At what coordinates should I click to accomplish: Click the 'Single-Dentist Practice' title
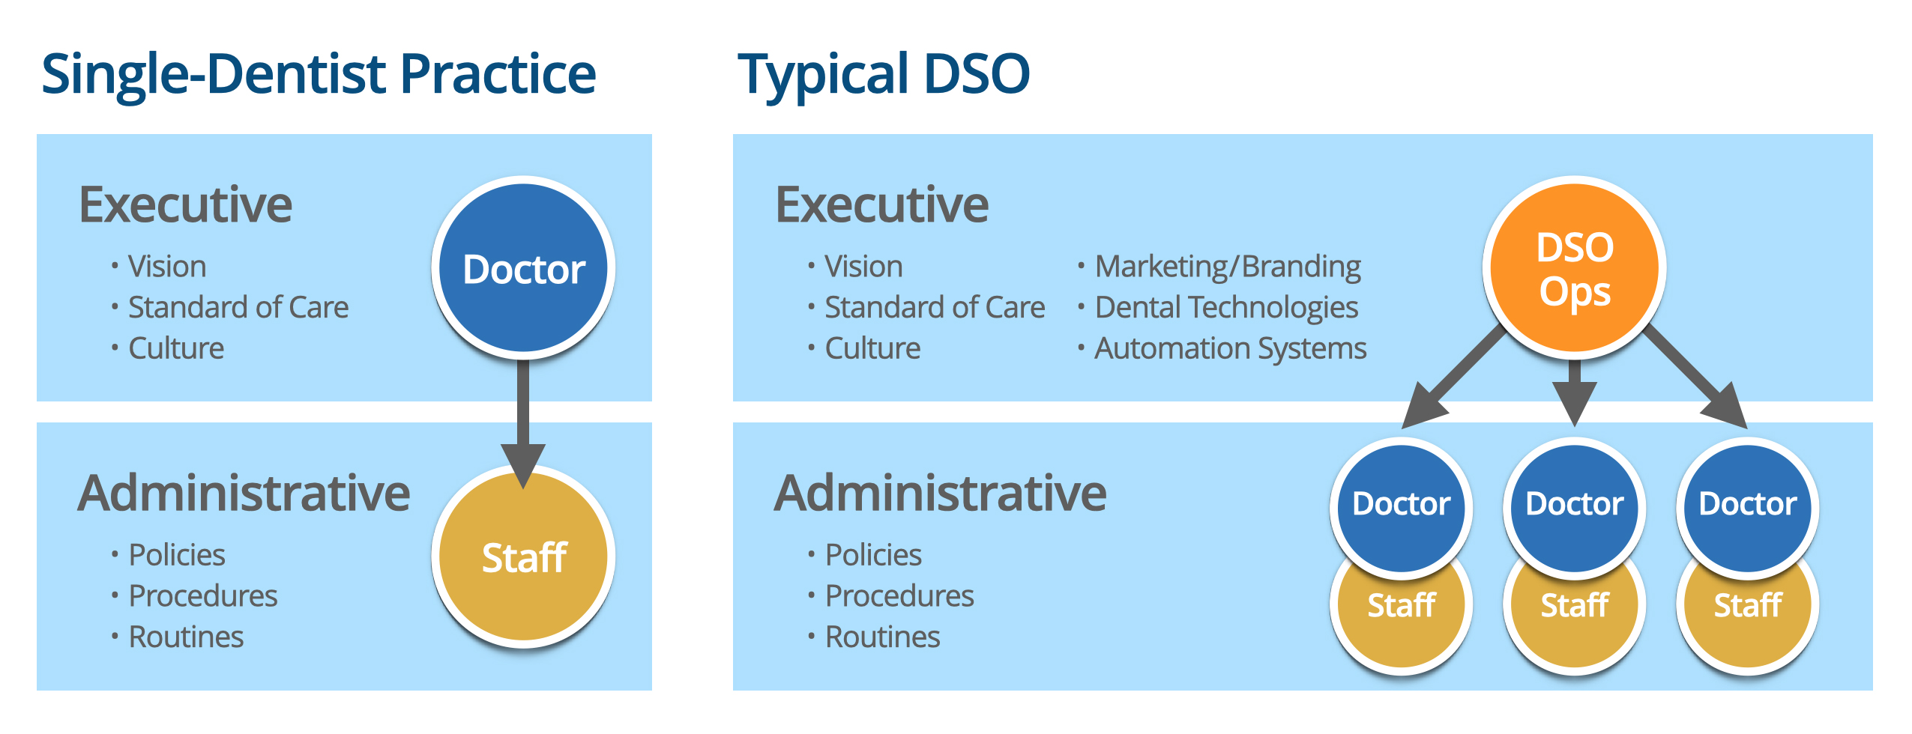pyautogui.click(x=319, y=75)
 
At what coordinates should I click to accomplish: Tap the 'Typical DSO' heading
pyautogui.click(x=884, y=75)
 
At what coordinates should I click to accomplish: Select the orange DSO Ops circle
pyautogui.click(x=1575, y=268)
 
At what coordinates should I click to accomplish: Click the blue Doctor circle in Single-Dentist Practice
pyautogui.click(x=523, y=268)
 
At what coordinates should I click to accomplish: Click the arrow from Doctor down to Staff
pyautogui.click(x=523, y=424)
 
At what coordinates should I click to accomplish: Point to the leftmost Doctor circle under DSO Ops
pyautogui.click(x=1402, y=508)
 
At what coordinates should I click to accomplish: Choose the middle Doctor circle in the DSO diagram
pyautogui.click(x=1575, y=508)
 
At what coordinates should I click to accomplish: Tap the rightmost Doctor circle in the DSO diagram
pyautogui.click(x=1748, y=508)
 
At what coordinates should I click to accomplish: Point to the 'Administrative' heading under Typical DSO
pyautogui.click(x=940, y=494)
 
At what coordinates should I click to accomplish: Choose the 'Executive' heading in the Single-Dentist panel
pyautogui.click(x=186, y=204)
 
